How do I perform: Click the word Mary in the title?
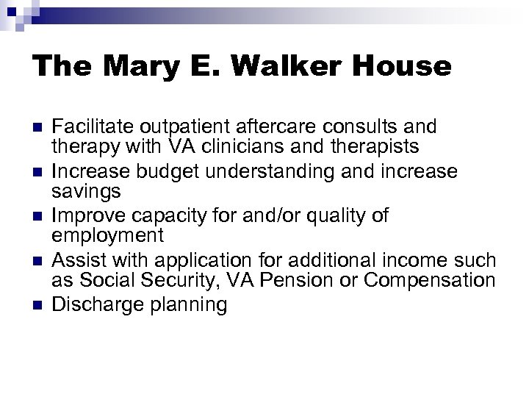tap(132, 67)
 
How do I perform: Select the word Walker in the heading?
tap(278, 67)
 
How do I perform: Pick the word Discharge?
tap(99, 304)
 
